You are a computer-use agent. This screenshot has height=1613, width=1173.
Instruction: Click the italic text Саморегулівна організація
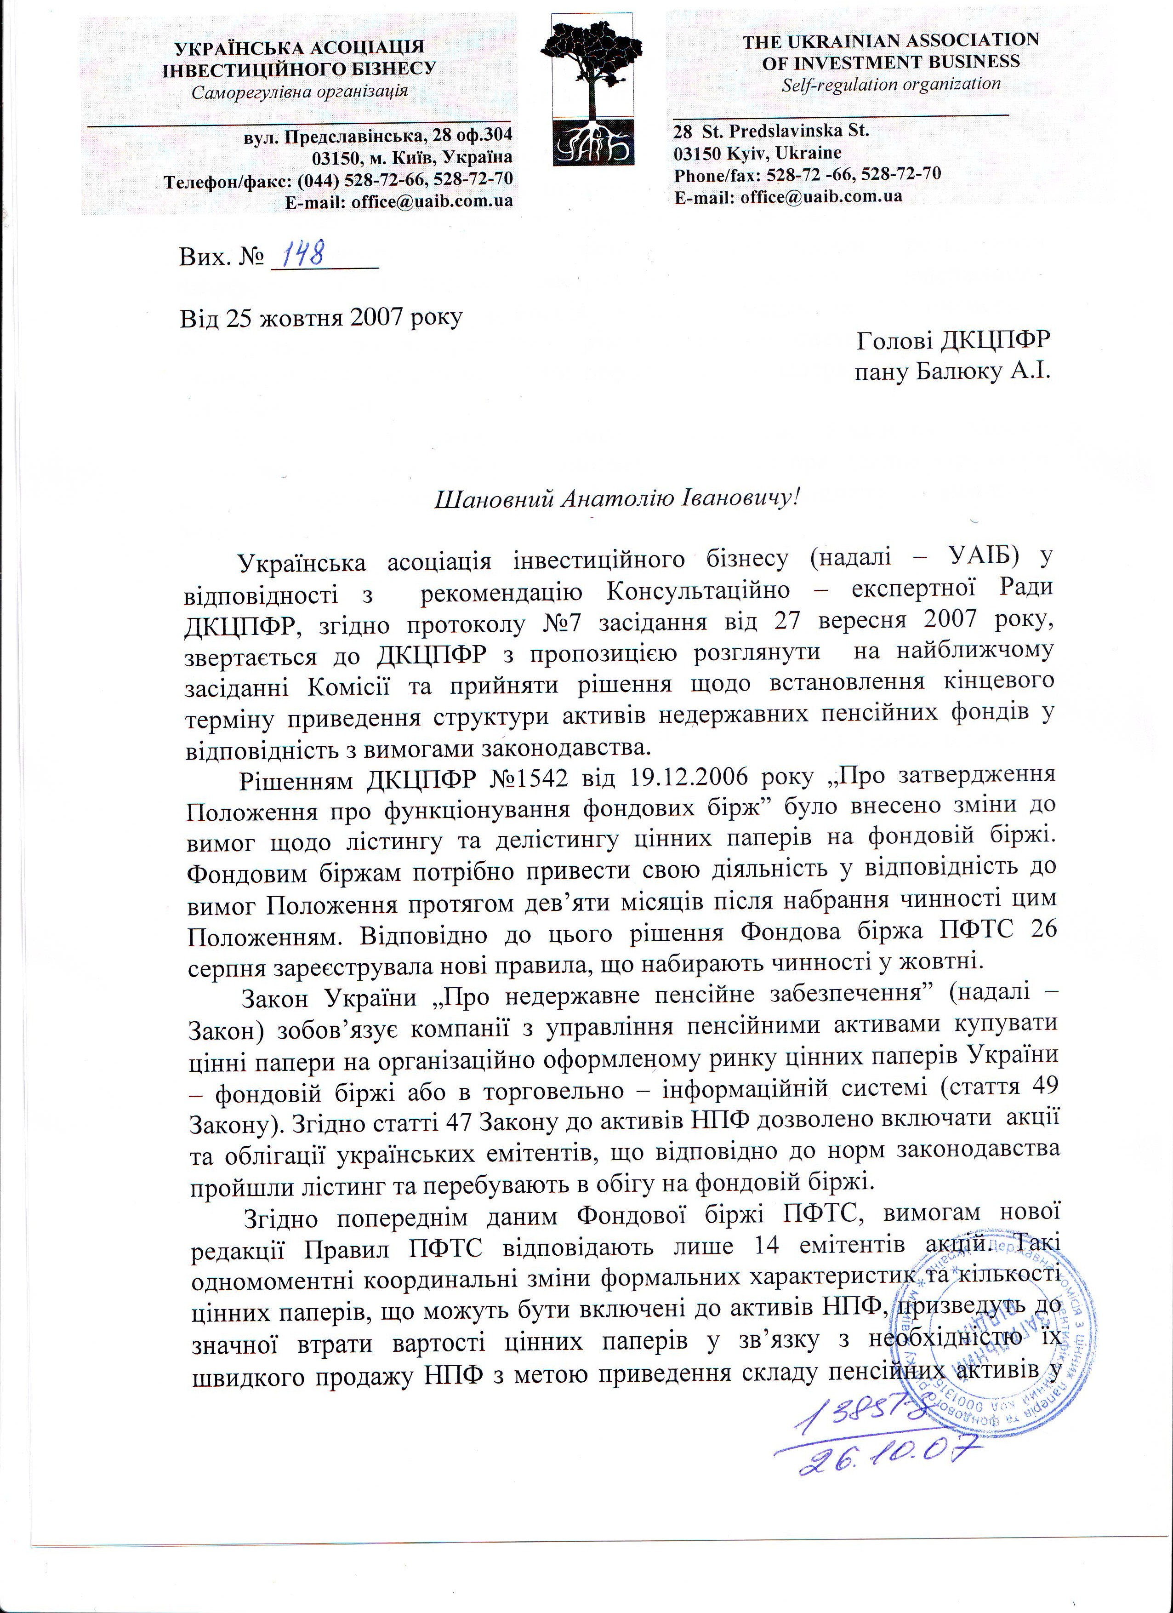click(299, 91)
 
